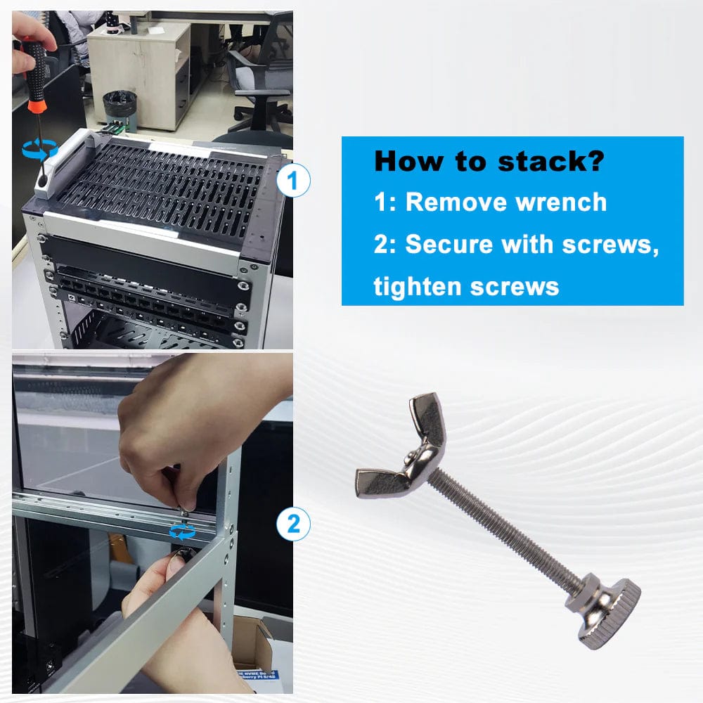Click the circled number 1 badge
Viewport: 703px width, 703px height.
point(294,181)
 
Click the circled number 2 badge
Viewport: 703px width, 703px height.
point(294,524)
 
